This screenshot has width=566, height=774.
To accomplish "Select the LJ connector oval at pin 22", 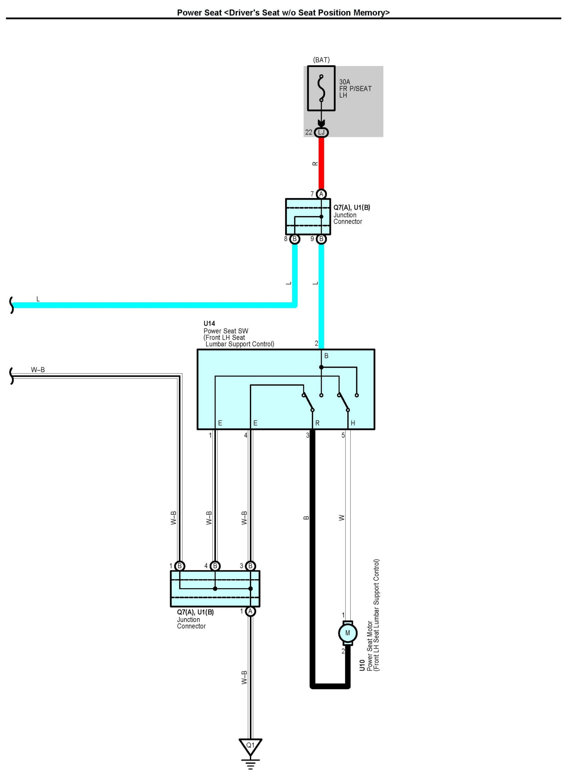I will click(321, 132).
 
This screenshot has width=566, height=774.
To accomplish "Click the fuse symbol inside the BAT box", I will click(321, 88).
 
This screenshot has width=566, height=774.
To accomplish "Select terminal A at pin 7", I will click(321, 194).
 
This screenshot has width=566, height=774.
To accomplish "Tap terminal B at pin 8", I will click(295, 239).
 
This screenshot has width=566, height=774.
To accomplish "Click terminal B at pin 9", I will click(321, 239).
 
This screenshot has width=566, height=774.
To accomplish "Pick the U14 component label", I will click(209, 323).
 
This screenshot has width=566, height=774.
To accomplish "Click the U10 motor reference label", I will click(362, 665).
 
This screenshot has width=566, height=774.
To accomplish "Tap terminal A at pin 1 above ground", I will click(250, 611).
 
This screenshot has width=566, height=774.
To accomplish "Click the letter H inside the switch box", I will click(353, 423).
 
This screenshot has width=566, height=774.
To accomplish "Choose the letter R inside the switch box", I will click(317, 423).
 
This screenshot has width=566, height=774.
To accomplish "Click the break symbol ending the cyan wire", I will click(12, 305).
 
